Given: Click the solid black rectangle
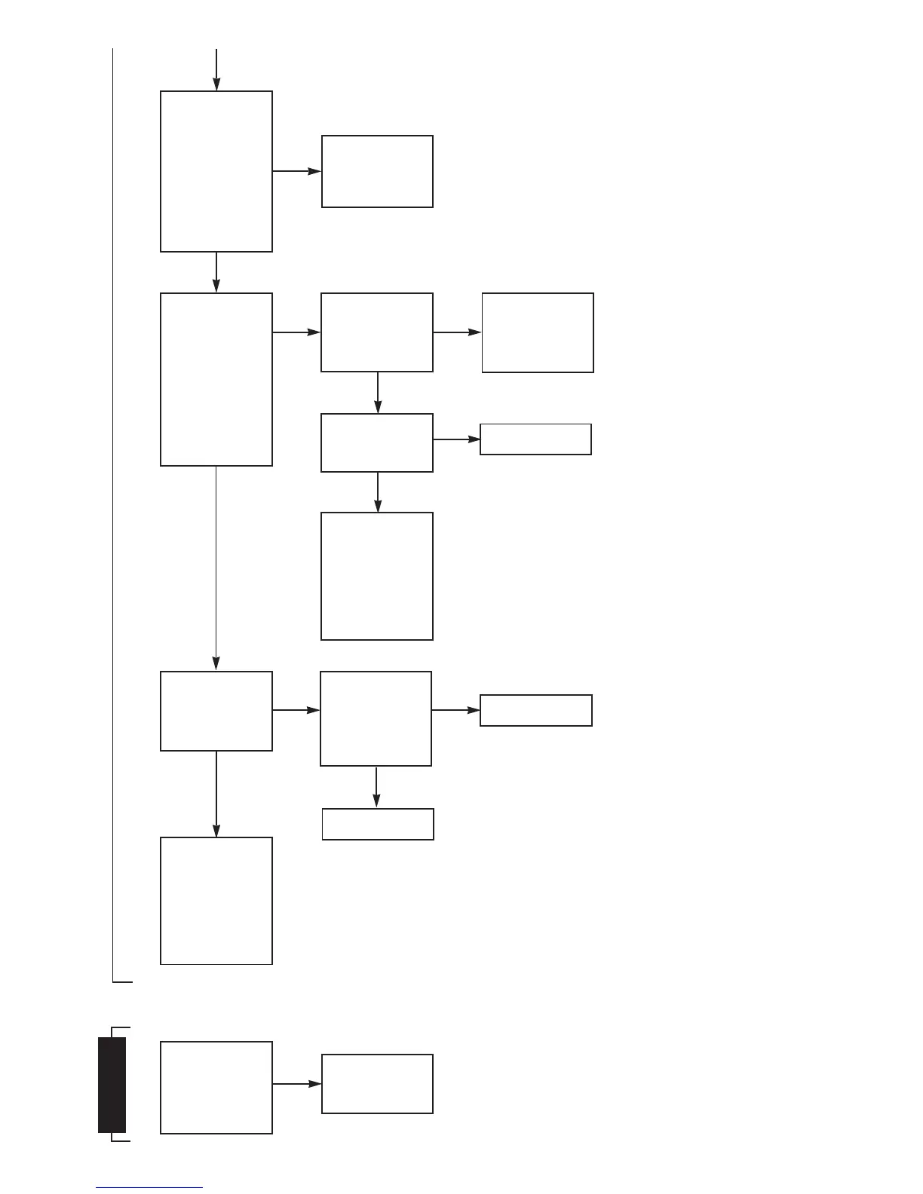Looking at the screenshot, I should point(112,1085).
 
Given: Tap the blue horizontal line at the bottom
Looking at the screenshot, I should point(149,1187).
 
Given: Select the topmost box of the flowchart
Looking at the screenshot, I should point(216,171).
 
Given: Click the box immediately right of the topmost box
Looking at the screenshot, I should point(377,171).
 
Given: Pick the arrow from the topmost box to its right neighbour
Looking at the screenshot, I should point(296,171).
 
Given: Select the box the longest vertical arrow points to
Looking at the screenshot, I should point(216,711).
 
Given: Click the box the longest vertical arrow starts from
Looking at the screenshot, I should point(216,379).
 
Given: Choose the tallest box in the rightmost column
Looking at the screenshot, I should point(538,332).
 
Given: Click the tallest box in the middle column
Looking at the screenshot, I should point(377,576).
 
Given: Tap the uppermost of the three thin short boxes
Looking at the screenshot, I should point(535,439).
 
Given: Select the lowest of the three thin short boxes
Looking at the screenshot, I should point(378,824).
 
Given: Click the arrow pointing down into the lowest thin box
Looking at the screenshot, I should point(376,787).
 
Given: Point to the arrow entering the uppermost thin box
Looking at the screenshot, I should point(456,439).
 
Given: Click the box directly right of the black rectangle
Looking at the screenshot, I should point(216,1087).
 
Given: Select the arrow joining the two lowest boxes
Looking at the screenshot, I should point(296,1084).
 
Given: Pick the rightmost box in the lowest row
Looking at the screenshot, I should point(377,1084).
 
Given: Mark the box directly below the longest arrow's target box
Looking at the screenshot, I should point(216,900).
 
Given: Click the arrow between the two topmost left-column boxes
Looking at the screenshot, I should point(216,272).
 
